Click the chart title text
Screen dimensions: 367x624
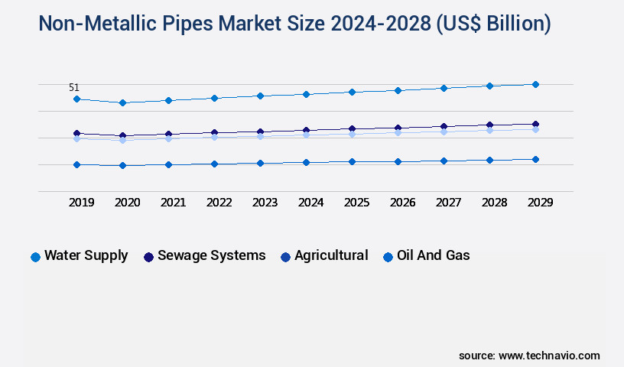pyautogui.click(x=294, y=24)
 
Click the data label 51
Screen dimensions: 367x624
pyautogui.click(x=74, y=88)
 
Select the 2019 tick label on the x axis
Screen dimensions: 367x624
pyautogui.click(x=82, y=203)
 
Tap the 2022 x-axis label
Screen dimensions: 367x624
pyautogui.click(x=219, y=203)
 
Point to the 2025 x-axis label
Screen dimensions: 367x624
pyautogui.click(x=357, y=203)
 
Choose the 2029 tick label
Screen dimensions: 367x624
pyautogui.click(x=540, y=203)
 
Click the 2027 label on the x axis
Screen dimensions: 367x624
pyautogui.click(x=448, y=203)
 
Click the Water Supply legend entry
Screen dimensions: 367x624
pyautogui.click(x=86, y=256)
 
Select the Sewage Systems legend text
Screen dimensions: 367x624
pyautogui.click(x=211, y=256)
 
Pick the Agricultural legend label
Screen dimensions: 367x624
pyautogui.click(x=331, y=256)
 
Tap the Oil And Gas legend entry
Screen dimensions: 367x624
pyautogui.click(x=433, y=256)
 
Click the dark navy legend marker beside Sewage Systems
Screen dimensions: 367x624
pyautogui.click(x=148, y=257)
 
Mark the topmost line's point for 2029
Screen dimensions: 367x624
pyautogui.click(x=535, y=84)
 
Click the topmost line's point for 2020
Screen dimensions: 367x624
pyautogui.click(x=122, y=102)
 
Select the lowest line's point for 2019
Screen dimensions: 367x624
pyautogui.click(x=76, y=164)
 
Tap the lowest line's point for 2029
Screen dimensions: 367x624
pyautogui.click(x=535, y=159)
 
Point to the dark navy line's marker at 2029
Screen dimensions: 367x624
pyautogui.click(x=535, y=124)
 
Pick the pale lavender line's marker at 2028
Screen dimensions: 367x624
pyautogui.click(x=489, y=130)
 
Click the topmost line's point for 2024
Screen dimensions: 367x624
pyautogui.click(x=306, y=94)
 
